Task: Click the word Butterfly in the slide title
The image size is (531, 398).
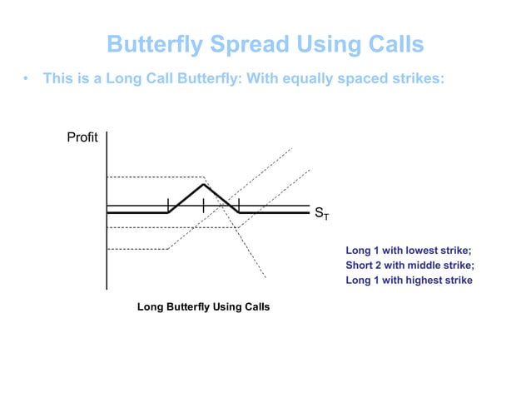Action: [153, 43]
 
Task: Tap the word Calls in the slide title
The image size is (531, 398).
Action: [392, 43]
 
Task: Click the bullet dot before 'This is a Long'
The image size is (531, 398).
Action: [26, 80]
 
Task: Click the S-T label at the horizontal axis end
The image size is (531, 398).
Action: [321, 215]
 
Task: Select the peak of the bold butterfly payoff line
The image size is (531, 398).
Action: [203, 184]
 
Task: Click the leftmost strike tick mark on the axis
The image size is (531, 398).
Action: [168, 205]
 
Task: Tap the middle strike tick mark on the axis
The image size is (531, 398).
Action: [203, 205]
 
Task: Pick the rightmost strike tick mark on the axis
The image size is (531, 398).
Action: [239, 205]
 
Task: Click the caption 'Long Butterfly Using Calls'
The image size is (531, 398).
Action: [203, 307]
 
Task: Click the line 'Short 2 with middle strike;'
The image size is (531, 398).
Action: [409, 266]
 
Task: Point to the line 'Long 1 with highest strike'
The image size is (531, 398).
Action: [409, 281]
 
